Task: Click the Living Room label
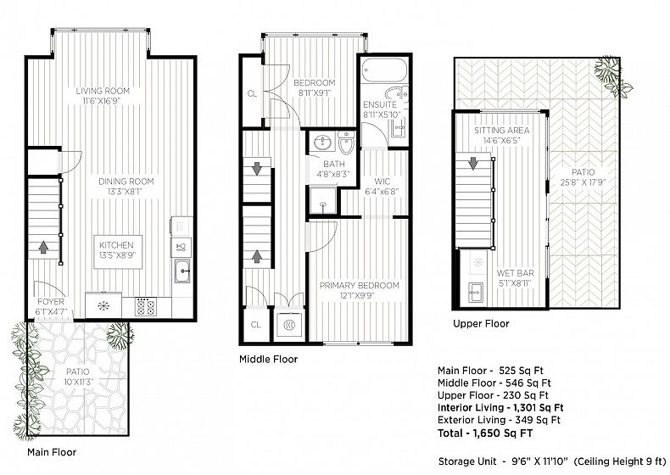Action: (103, 91)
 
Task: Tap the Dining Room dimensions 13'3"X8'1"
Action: (126, 192)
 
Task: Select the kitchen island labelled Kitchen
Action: (118, 252)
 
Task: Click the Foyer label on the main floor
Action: (51, 302)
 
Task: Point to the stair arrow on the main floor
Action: (43, 247)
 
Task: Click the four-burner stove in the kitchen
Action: (146, 306)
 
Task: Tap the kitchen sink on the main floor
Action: (183, 271)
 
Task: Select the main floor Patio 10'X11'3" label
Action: (78, 377)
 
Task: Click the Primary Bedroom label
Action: (360, 285)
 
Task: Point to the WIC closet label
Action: (382, 182)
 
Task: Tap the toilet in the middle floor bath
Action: (347, 142)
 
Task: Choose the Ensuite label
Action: (380, 104)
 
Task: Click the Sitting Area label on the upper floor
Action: (501, 130)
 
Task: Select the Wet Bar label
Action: (516, 273)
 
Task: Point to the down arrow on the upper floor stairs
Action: (473, 164)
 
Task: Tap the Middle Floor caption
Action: (268, 359)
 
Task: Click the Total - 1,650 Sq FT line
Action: (485, 433)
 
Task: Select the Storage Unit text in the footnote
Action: (467, 461)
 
